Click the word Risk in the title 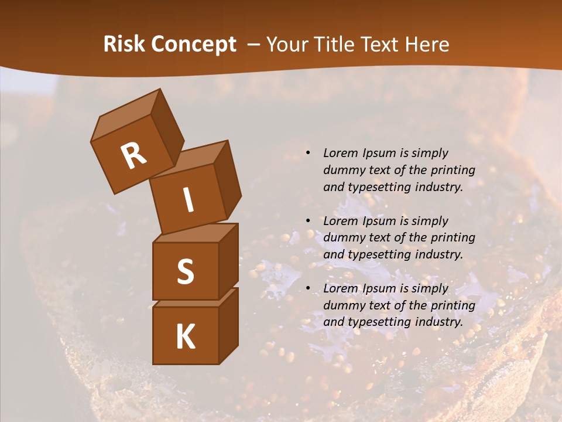click(x=124, y=45)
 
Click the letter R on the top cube click(x=133, y=156)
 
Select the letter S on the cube click(x=185, y=271)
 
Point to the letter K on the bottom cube click(x=185, y=336)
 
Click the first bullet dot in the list click(x=308, y=154)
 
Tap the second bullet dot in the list click(x=308, y=222)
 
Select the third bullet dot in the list click(x=308, y=289)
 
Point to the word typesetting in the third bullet click(x=378, y=322)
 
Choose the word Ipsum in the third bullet click(x=378, y=289)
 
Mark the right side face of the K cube click(x=228, y=325)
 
